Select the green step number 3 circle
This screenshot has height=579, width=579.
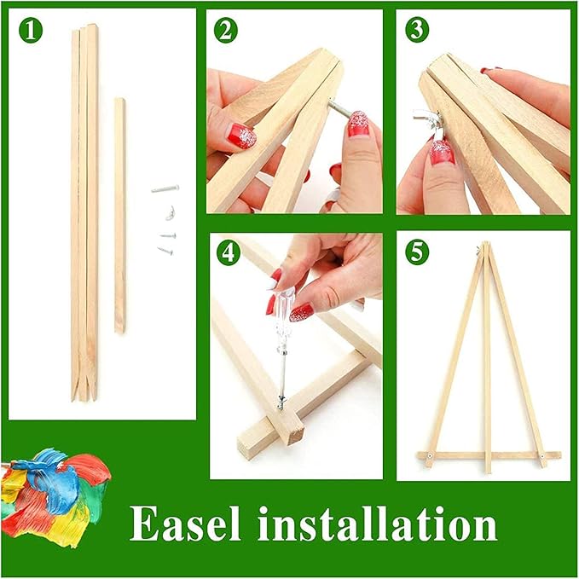click(416, 31)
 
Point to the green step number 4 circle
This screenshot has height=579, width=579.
click(227, 253)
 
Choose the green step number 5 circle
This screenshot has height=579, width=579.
click(416, 253)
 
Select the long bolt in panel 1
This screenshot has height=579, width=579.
click(165, 188)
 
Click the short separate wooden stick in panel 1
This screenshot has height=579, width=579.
click(119, 213)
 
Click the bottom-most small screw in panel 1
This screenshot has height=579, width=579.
click(163, 250)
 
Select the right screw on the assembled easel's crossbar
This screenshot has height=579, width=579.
click(537, 455)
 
